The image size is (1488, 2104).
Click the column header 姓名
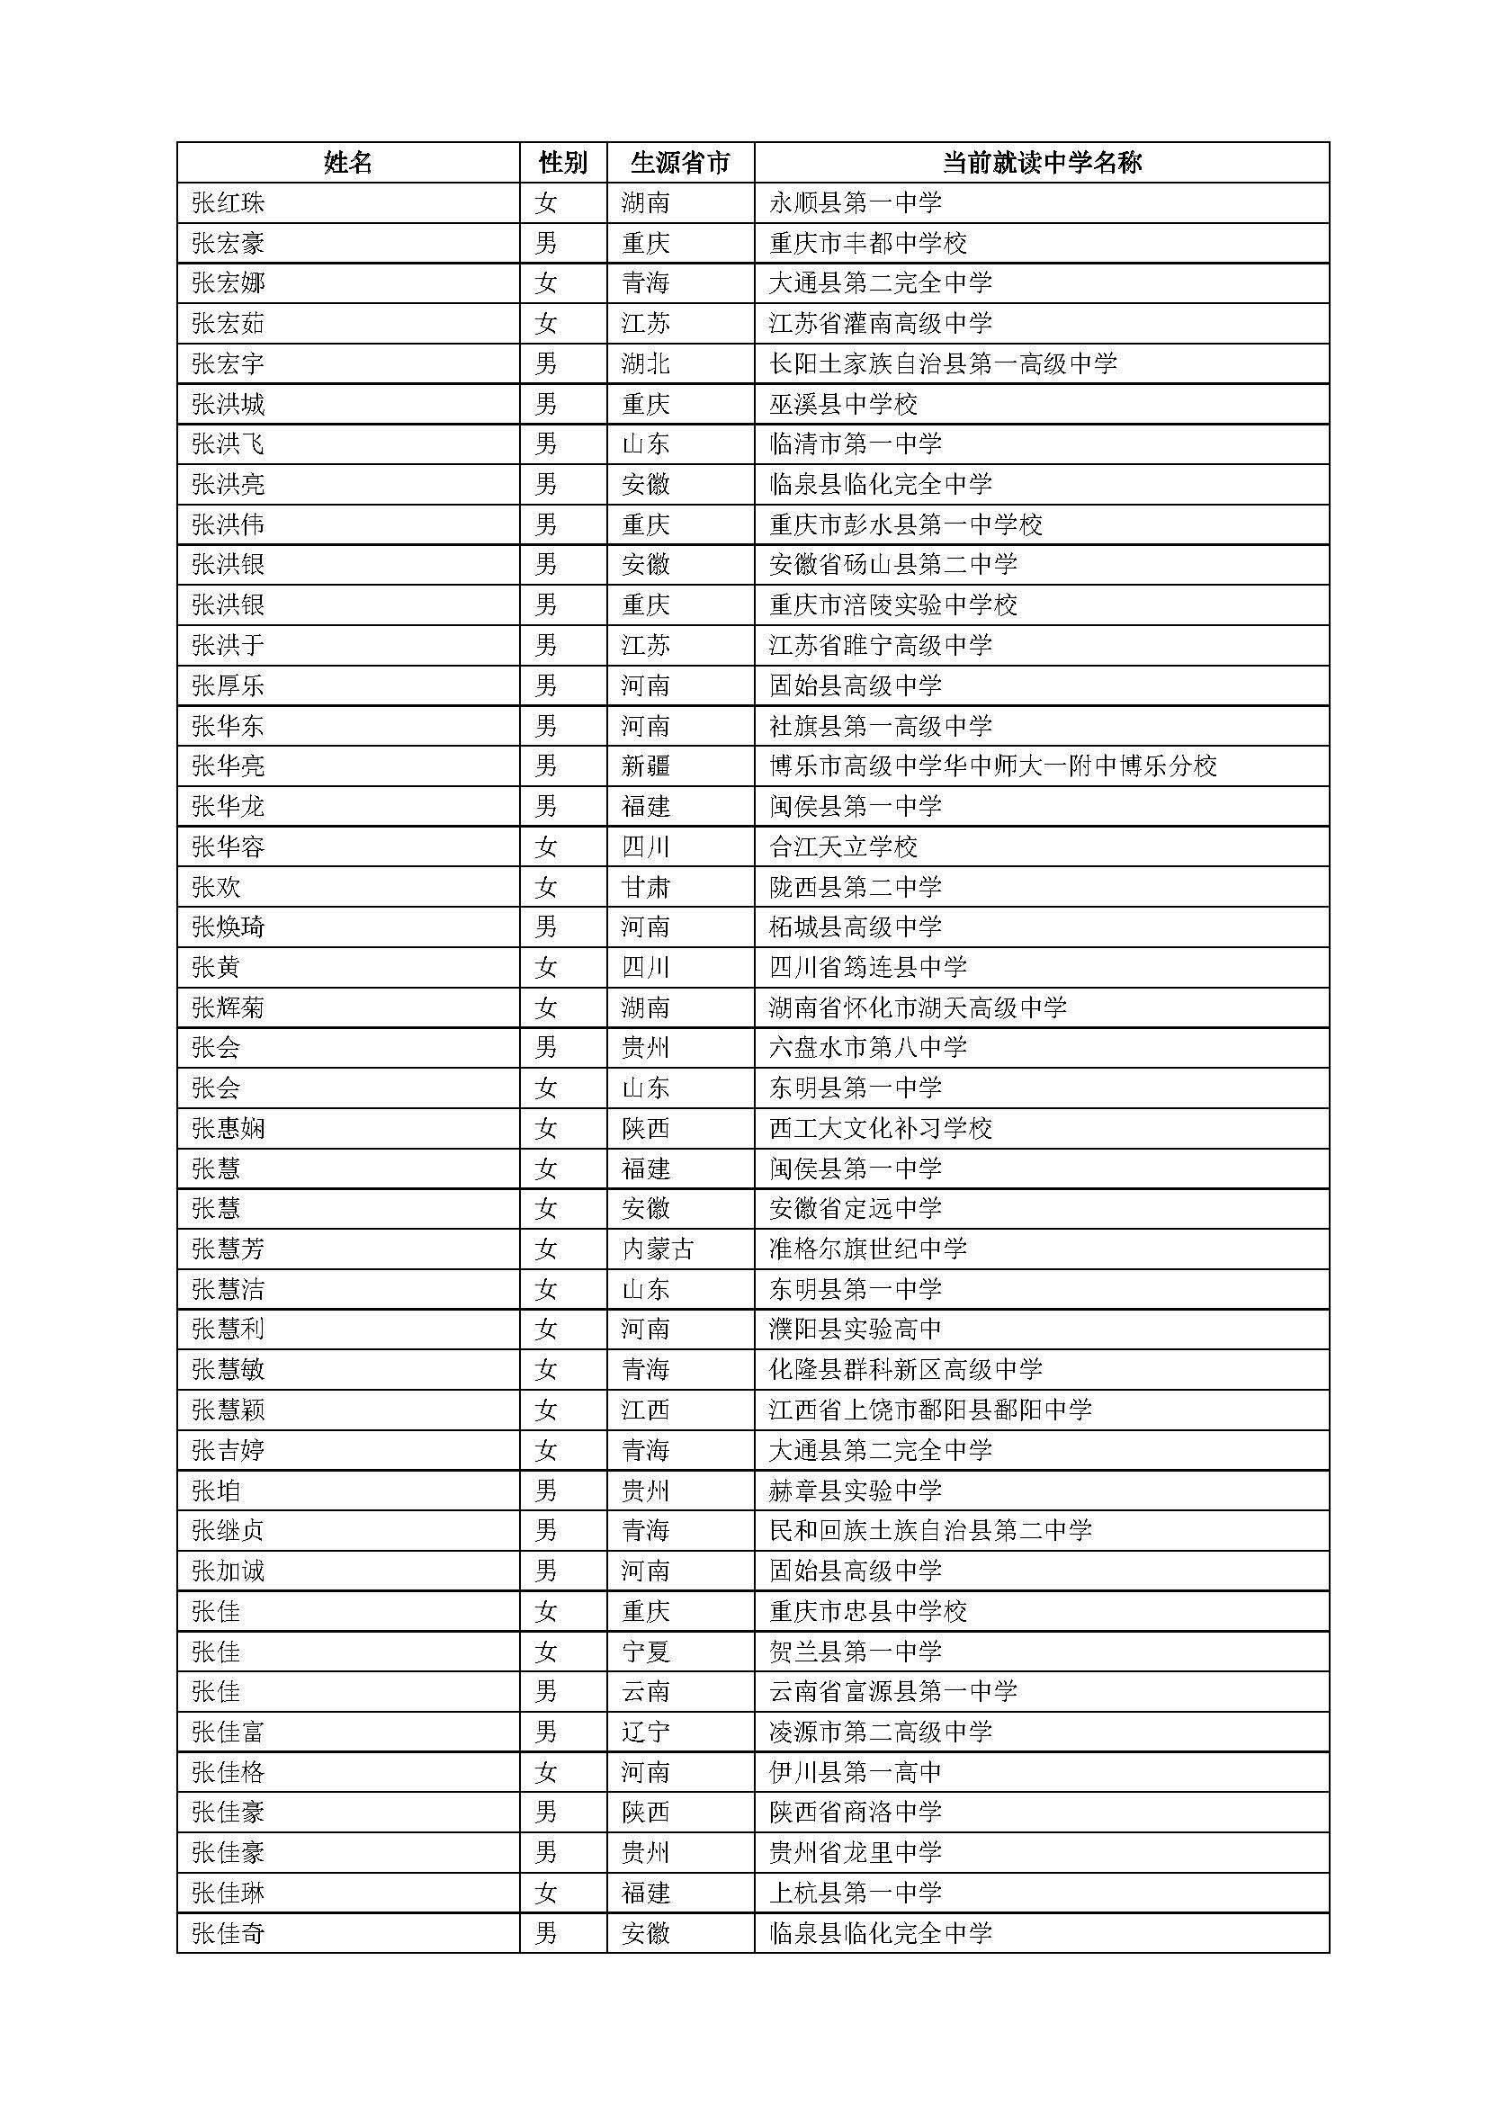[x=348, y=163]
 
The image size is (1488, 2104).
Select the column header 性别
[x=562, y=163]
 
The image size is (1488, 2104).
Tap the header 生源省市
[x=680, y=163]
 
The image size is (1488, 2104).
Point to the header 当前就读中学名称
[x=1042, y=163]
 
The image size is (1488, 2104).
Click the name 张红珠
[x=229, y=202]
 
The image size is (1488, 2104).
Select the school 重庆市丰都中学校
[x=867, y=243]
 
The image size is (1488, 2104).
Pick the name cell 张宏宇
[x=229, y=363]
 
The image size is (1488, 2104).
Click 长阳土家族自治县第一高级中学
[x=943, y=363]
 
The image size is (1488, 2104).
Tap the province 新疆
[x=645, y=766]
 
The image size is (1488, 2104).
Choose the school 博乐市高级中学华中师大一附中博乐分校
[x=992, y=766]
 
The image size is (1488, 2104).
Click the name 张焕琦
[x=229, y=927]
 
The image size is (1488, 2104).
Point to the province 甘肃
[x=645, y=887]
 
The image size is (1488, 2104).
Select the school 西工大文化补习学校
[x=881, y=1128]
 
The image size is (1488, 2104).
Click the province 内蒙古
[x=657, y=1249]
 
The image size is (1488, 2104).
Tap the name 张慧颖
[x=229, y=1410]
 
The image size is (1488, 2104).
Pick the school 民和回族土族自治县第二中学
[x=930, y=1530]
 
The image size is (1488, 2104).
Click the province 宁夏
[x=645, y=1652]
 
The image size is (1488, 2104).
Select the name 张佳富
[x=229, y=1732]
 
